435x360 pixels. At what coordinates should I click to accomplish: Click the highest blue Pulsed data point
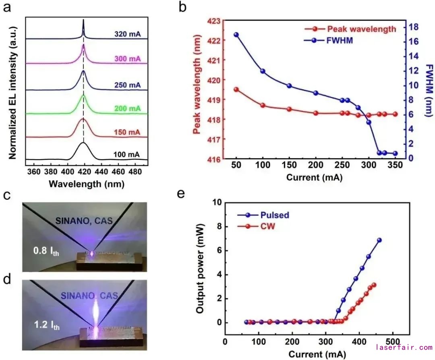379,240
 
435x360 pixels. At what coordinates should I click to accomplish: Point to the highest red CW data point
374,285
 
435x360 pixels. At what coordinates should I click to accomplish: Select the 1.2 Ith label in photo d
46,325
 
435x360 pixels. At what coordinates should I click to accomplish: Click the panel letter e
182,194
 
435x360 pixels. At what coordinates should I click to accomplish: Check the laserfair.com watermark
404,348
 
